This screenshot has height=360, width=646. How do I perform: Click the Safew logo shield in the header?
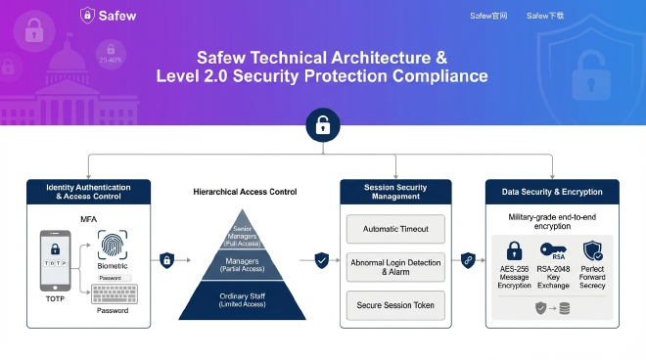click(x=87, y=15)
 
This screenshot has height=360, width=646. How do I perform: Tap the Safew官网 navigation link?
click(x=488, y=16)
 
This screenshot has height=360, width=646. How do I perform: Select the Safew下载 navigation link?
click(x=544, y=16)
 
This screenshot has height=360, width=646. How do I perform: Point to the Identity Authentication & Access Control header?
click(x=88, y=191)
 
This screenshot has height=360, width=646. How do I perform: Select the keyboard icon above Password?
click(x=113, y=292)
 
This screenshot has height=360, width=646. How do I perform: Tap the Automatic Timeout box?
click(x=395, y=230)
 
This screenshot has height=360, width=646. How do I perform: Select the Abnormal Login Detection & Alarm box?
click(x=395, y=267)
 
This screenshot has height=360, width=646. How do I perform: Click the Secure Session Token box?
click(x=395, y=305)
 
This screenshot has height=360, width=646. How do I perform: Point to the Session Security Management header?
click(x=395, y=191)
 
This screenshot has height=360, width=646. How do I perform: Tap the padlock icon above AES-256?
click(x=514, y=250)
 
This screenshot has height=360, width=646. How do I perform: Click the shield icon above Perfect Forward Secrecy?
click(x=592, y=250)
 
